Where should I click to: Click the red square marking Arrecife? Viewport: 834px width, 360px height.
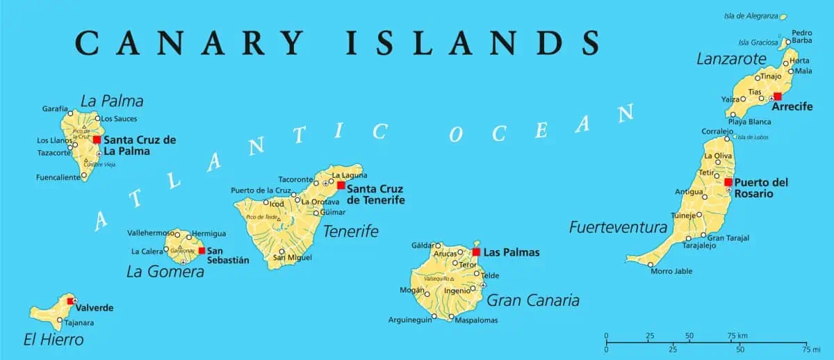click(777, 97)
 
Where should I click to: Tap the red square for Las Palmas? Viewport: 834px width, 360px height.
click(476, 252)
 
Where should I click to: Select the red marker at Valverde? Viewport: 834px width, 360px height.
click(69, 301)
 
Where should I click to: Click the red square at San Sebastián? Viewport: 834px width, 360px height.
click(202, 250)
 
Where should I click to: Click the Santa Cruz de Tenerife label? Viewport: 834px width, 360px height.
click(375, 194)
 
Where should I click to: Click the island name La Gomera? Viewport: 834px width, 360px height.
click(165, 272)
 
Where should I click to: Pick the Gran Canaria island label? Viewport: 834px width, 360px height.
click(533, 300)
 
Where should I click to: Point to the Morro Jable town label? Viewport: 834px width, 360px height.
click(671, 271)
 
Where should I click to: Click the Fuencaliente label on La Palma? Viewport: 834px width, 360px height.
click(57, 177)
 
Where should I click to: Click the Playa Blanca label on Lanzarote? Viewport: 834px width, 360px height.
click(749, 122)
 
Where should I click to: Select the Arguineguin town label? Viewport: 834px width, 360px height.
click(409, 320)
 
